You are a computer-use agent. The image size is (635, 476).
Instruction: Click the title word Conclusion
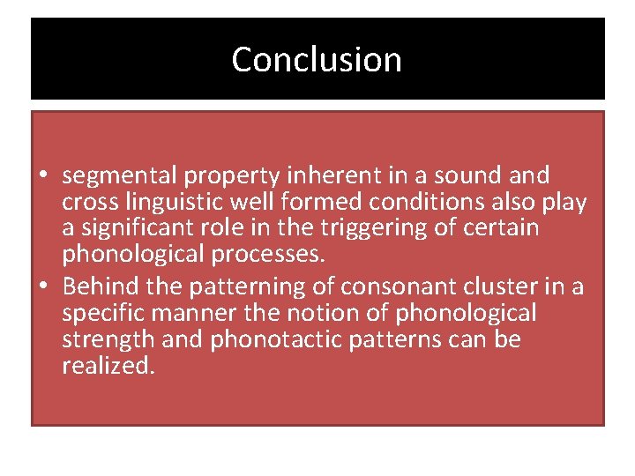pos(317,60)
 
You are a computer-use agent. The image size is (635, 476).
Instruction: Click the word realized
pos(108,366)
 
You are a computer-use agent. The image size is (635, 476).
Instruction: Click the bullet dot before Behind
pos(43,287)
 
